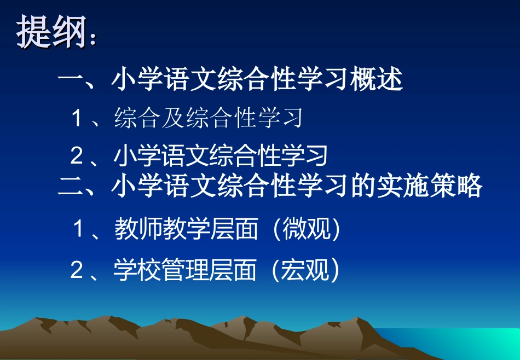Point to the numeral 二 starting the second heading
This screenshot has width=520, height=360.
pos(70,186)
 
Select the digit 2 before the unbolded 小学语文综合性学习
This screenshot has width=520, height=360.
pos(77,156)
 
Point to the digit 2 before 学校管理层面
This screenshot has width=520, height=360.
pos(77,270)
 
